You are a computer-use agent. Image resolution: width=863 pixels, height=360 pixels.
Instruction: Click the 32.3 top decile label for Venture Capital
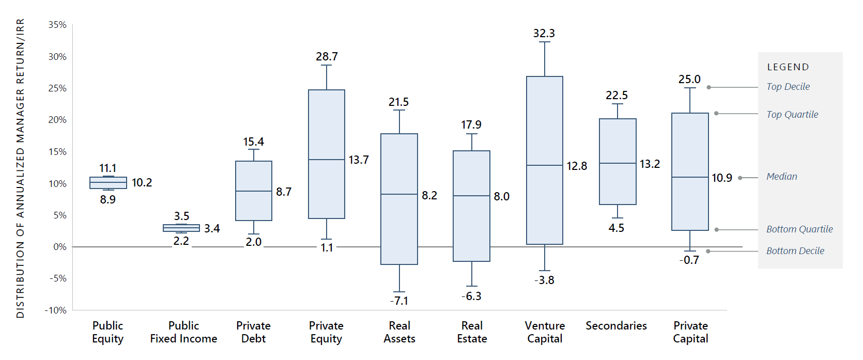pyautogui.click(x=544, y=34)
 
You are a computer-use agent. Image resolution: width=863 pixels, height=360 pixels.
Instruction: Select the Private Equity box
pyautogui.click(x=327, y=154)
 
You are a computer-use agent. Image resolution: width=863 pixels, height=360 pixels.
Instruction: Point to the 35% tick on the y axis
pyautogui.click(x=57, y=25)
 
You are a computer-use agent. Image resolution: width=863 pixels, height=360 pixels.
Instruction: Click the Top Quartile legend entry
pyautogui.click(x=792, y=115)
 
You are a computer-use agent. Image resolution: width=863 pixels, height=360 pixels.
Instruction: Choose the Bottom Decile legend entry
pyautogui.click(x=795, y=251)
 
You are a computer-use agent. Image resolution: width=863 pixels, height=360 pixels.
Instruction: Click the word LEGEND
pyautogui.click(x=788, y=67)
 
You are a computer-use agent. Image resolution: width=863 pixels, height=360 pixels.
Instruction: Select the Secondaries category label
pyautogui.click(x=616, y=326)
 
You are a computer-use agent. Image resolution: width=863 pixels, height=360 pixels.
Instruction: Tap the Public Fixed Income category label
pyautogui.click(x=183, y=332)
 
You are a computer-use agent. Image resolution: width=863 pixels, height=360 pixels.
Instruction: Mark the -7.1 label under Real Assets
pyautogui.click(x=399, y=301)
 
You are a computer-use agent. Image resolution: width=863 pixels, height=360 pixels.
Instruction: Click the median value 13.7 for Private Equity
pyautogui.click(x=359, y=160)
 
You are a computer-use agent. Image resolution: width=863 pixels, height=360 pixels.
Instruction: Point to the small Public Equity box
pyautogui.click(x=108, y=183)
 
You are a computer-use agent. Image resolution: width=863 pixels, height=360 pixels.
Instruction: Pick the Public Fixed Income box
pyautogui.click(x=181, y=228)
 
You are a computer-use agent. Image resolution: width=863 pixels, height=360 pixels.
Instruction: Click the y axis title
pyautogui.click(x=20, y=168)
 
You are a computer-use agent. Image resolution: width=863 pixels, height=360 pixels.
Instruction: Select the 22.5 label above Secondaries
pyautogui.click(x=617, y=96)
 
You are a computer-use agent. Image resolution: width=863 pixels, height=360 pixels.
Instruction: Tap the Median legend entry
pyautogui.click(x=781, y=177)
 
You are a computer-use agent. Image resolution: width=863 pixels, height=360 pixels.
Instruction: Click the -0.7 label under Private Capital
pyautogui.click(x=689, y=260)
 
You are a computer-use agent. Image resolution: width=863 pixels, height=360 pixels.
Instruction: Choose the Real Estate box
pyautogui.click(x=471, y=206)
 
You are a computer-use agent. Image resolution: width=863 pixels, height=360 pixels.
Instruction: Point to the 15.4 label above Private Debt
pyautogui.click(x=253, y=142)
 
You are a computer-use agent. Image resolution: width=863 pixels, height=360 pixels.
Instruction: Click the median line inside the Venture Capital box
pyautogui.click(x=545, y=165)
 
